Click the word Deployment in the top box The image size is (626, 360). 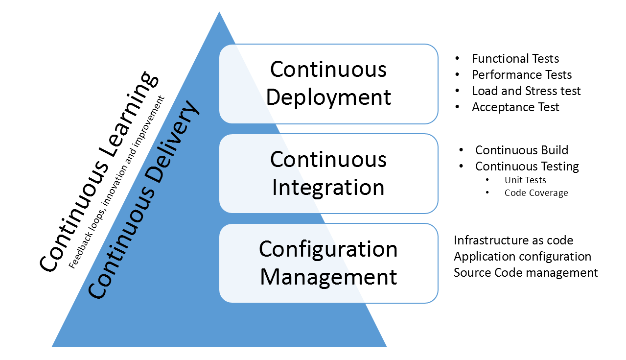click(x=328, y=97)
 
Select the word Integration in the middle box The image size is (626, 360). click(x=328, y=187)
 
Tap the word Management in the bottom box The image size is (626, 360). click(x=328, y=277)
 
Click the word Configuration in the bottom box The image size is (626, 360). click(x=328, y=249)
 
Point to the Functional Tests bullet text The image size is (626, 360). click(x=515, y=59)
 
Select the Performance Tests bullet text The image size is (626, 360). click(x=522, y=75)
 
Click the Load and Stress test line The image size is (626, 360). click(x=526, y=91)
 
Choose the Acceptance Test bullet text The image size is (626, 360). click(x=515, y=107)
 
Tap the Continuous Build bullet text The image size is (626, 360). click(x=522, y=150)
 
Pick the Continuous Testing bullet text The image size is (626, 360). click(x=527, y=167)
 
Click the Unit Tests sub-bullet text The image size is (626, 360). click(x=525, y=180)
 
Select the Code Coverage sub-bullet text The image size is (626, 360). click(x=536, y=193)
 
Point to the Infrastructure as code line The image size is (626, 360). click(x=513, y=240)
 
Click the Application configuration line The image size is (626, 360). click(x=522, y=257)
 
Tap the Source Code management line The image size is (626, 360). click(x=526, y=273)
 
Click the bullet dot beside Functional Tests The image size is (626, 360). click(x=457, y=58)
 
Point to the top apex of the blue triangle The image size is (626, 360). click(x=219, y=12)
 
